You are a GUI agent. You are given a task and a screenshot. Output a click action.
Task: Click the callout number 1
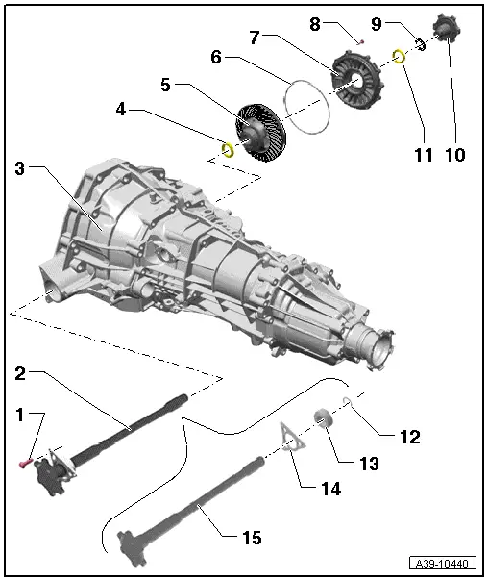click(x=19, y=416)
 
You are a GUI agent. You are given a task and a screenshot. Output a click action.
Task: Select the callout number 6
click(x=217, y=57)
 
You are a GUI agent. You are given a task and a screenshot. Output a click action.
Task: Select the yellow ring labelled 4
click(x=230, y=149)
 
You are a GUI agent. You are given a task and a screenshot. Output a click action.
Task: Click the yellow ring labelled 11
click(x=401, y=58)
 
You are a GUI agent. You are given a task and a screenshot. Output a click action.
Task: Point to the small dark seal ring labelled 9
click(x=421, y=44)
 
